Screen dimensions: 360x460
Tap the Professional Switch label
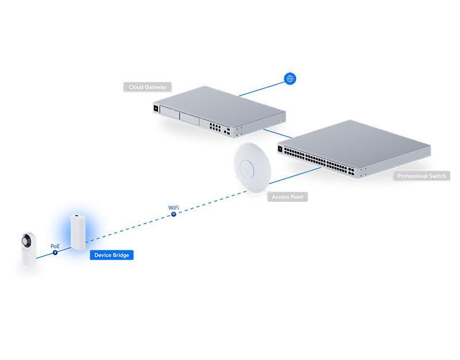click(421, 175)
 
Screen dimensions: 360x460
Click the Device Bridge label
click(112, 254)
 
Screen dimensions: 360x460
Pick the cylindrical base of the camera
click(30, 258)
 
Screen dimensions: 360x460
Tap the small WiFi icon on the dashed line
click(173, 214)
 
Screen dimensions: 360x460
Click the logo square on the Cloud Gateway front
click(156, 108)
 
